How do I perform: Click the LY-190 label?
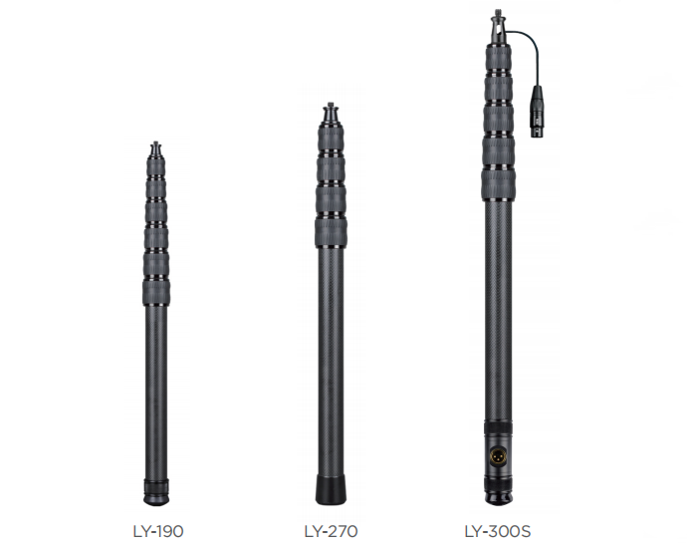158,531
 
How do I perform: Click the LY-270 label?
331,531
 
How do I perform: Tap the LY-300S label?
497,531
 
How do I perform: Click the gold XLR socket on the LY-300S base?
497,455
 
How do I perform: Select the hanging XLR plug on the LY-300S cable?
538,112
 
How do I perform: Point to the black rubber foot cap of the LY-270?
331,489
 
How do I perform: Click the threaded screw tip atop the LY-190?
155,144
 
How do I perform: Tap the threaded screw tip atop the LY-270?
330,107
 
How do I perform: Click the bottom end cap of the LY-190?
156,493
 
